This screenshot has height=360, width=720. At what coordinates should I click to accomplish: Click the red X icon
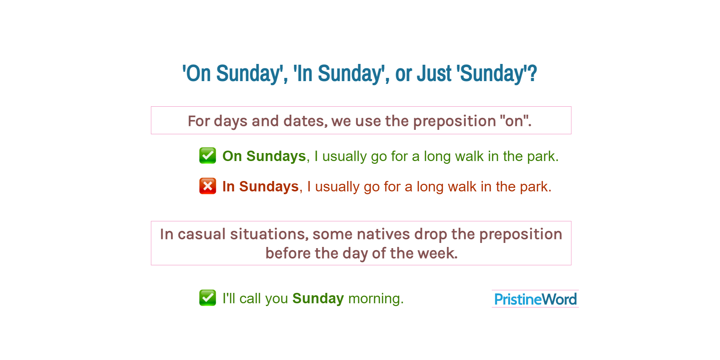point(207,186)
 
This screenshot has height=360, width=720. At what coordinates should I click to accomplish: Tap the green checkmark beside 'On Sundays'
point(207,156)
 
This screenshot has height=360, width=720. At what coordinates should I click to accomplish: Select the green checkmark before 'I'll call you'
point(207,298)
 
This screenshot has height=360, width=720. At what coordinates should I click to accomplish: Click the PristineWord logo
point(535,299)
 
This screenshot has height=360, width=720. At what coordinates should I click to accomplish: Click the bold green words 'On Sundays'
point(264,156)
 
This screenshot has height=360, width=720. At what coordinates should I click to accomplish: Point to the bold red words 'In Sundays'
point(260,187)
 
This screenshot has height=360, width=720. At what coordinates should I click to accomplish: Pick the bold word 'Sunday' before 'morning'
point(318,298)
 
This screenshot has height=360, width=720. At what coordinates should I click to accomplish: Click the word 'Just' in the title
point(434,74)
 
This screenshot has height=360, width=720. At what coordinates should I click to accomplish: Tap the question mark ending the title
point(532,74)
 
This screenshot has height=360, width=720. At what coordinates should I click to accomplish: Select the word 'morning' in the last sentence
point(375,298)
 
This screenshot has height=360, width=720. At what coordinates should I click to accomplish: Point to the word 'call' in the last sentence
point(250,298)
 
